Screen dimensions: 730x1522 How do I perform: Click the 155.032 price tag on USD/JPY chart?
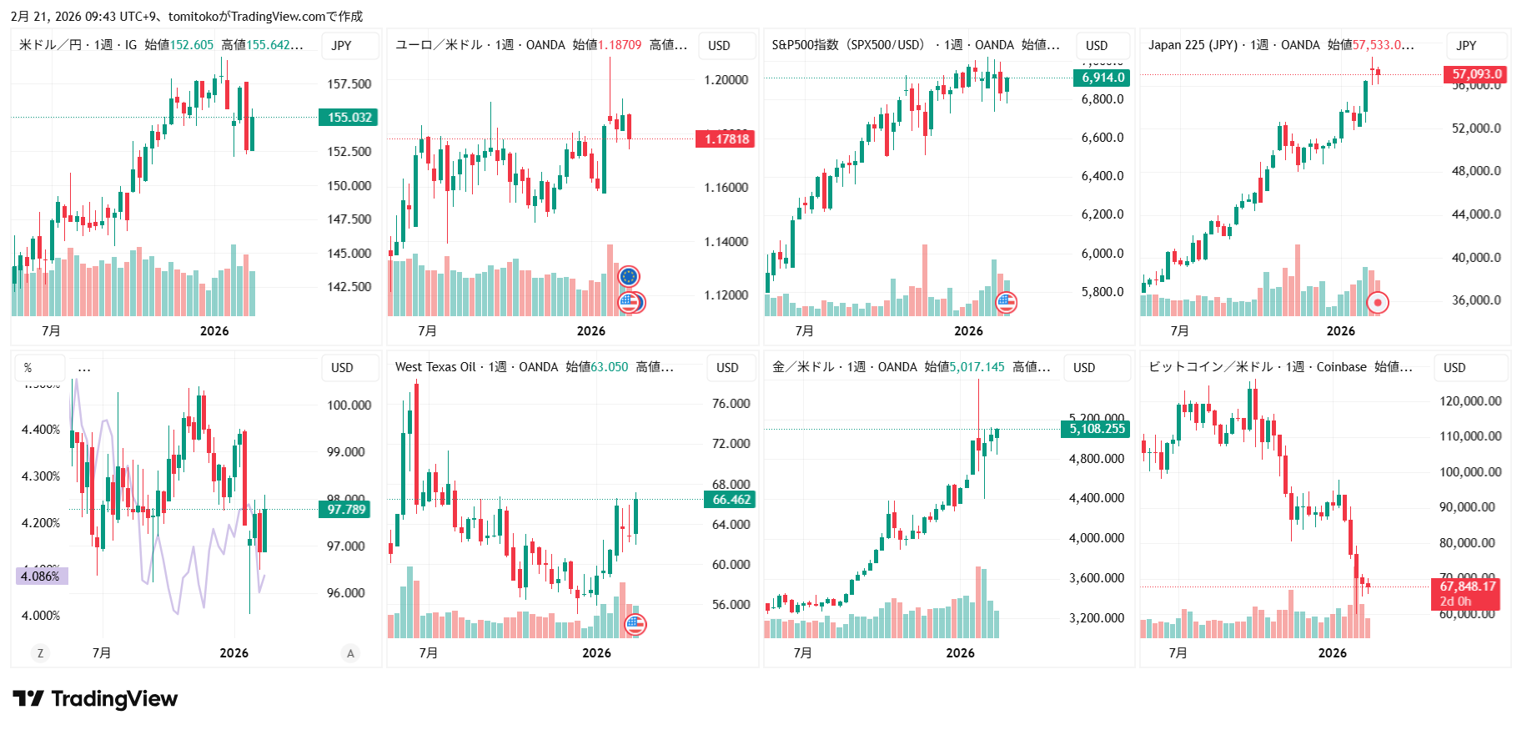point(349,118)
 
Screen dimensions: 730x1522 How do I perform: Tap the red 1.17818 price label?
point(726,139)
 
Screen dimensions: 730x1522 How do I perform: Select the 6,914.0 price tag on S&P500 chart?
point(1102,78)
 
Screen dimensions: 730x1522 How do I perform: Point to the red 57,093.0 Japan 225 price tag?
point(1475,74)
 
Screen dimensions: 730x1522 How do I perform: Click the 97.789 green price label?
point(346,510)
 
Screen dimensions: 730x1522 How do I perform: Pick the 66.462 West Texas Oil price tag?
point(731,500)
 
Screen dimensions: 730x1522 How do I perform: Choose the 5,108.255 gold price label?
point(1097,429)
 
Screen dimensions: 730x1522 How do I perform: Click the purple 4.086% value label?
point(41,576)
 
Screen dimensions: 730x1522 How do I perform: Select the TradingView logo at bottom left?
point(96,699)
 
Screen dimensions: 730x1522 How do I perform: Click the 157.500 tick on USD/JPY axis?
point(349,84)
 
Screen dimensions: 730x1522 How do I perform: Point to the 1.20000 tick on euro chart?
point(726,80)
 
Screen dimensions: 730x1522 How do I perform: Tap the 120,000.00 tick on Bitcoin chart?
point(1470,401)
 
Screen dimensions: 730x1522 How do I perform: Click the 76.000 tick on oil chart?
point(731,404)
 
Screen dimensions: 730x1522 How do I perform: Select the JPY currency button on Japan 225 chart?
point(1466,46)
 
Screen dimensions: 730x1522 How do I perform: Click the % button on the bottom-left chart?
point(28,368)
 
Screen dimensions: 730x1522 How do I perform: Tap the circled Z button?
point(40,653)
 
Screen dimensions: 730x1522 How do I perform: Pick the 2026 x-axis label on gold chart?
point(960,653)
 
